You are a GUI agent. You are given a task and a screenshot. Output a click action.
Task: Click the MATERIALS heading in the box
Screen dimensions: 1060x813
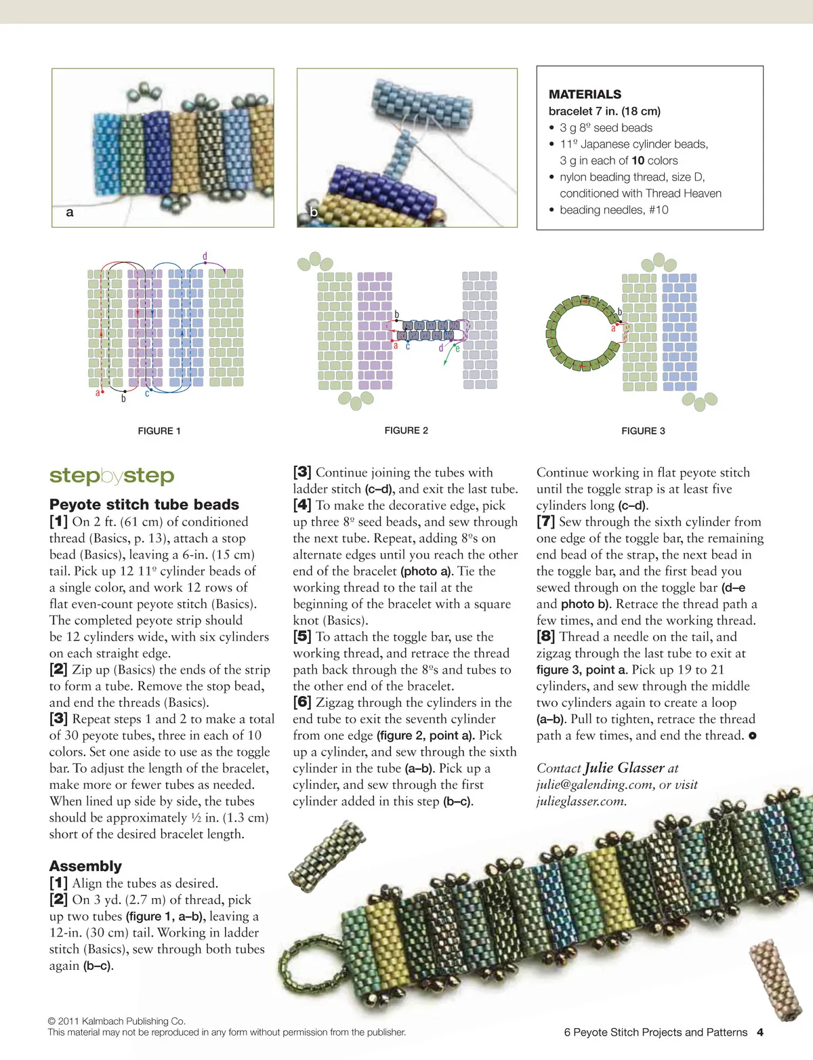[x=585, y=94]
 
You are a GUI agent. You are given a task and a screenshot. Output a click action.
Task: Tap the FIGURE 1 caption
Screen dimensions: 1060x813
[x=159, y=431]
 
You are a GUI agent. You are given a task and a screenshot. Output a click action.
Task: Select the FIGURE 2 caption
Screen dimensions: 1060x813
[x=406, y=430]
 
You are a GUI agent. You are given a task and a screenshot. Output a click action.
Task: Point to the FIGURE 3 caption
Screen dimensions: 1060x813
[x=643, y=431]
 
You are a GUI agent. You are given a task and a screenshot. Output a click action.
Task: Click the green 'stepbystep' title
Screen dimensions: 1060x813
[x=112, y=476]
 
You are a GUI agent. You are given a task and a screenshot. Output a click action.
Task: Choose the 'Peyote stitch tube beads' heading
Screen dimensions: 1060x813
[x=144, y=504]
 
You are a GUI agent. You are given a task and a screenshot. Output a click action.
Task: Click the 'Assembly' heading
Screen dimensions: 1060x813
[x=85, y=866]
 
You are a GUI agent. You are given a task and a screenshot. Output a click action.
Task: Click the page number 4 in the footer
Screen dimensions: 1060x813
[x=760, y=1032]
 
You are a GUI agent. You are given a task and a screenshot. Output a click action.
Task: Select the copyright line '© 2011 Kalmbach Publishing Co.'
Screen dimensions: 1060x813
[x=117, y=1021]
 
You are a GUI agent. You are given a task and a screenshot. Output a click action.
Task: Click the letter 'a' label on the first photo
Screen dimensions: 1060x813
[x=69, y=213]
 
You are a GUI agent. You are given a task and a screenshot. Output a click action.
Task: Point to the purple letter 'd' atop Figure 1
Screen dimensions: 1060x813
[x=205, y=257]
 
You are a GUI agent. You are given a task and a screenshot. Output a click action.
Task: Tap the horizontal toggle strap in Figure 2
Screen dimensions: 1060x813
[x=428, y=330]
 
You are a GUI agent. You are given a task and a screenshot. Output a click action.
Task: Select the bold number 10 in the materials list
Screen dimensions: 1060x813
[x=638, y=161]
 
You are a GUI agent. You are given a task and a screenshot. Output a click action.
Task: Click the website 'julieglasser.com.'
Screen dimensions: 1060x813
[x=581, y=801]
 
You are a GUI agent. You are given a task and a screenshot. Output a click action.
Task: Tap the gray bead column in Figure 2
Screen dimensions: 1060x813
[x=480, y=331]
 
